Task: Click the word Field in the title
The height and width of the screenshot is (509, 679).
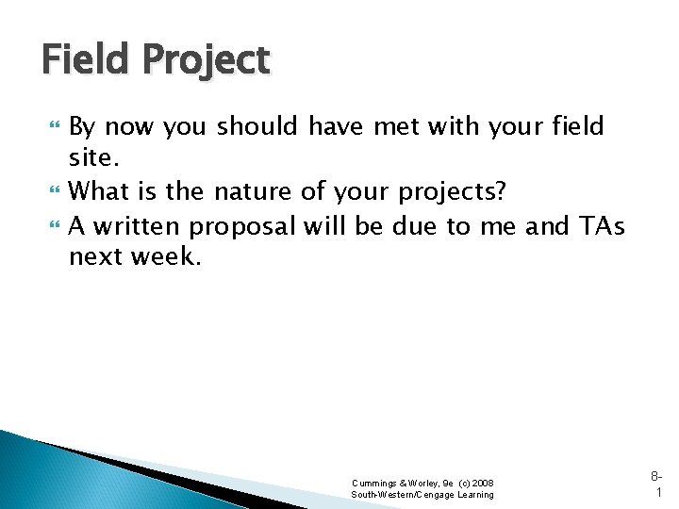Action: coord(84,60)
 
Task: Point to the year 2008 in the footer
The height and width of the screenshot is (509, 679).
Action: coord(481,483)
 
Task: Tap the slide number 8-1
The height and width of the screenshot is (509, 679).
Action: coord(656,482)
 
